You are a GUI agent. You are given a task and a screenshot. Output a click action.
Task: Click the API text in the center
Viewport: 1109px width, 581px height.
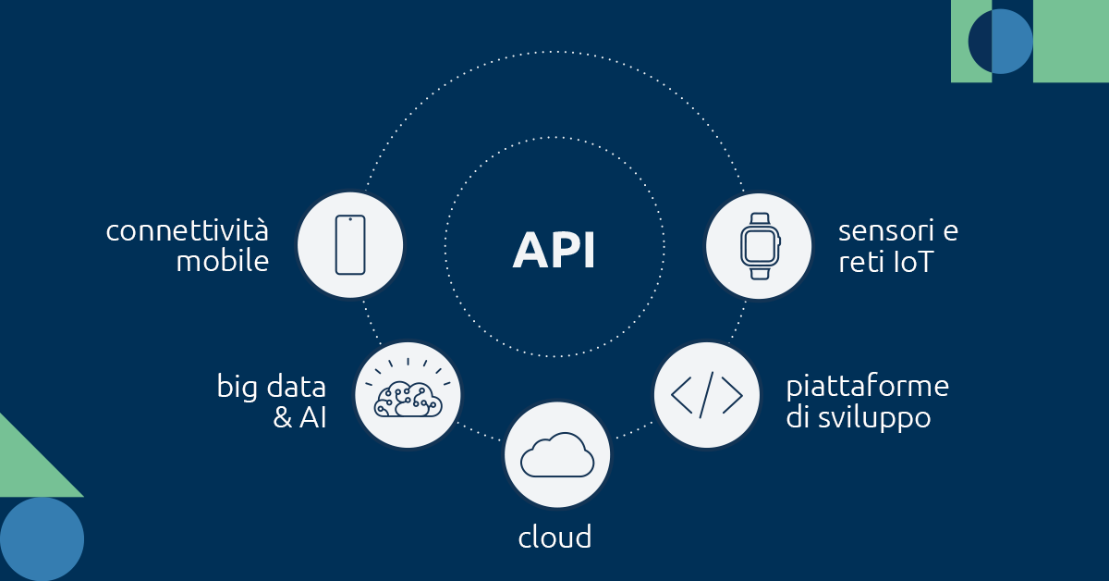coord(554,251)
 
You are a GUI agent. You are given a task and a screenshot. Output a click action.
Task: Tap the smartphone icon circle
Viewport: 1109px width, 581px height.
coord(349,245)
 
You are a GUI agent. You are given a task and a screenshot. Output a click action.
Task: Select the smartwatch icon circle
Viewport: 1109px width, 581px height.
coord(760,245)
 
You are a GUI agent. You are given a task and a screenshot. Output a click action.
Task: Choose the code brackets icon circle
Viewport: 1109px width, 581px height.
coord(707,395)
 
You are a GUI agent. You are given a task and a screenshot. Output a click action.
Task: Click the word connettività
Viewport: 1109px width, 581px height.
coord(187,229)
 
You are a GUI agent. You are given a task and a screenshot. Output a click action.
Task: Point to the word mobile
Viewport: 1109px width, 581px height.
coord(222,262)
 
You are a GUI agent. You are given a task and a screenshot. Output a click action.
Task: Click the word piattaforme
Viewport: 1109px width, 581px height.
coord(867,385)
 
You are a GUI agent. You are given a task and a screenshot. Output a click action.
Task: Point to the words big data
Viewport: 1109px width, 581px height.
coord(271,385)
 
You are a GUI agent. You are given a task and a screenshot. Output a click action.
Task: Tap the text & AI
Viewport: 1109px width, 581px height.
coord(299,417)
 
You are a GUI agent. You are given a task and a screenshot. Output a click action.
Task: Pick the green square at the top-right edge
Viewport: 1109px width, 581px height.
coord(1072,42)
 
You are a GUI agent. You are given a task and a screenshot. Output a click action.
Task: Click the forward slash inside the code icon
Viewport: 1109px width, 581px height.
coord(707,395)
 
